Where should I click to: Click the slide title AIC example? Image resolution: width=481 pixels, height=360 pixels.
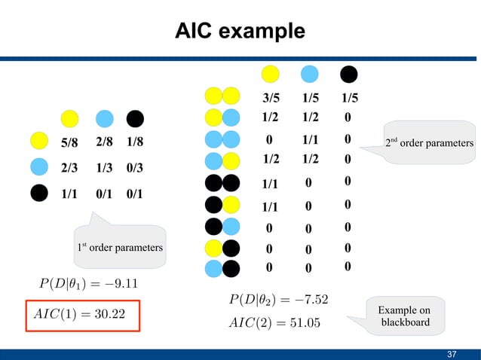click(x=240, y=31)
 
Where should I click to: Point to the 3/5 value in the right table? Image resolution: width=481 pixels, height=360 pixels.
click(x=271, y=98)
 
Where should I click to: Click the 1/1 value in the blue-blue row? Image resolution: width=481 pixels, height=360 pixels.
click(x=310, y=139)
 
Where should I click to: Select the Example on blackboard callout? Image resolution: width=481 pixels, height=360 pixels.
click(x=404, y=316)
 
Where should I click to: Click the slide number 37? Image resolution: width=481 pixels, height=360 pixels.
click(x=452, y=354)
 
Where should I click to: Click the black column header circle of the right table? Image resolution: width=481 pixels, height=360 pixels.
click(x=348, y=75)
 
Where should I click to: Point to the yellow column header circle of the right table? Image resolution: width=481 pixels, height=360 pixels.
click(x=271, y=75)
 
